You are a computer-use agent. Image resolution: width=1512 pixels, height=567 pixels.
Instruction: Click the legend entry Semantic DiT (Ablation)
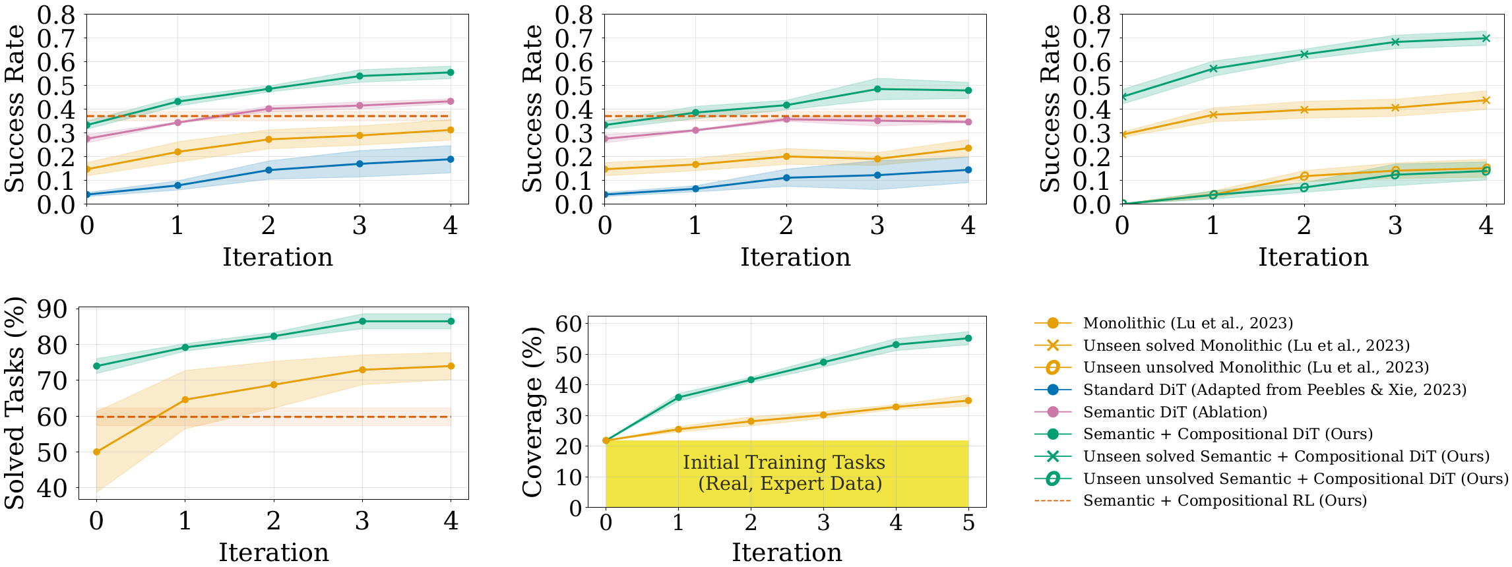pyautogui.click(x=1175, y=412)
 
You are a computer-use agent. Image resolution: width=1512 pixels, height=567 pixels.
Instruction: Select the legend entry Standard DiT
pyautogui.click(x=1274, y=390)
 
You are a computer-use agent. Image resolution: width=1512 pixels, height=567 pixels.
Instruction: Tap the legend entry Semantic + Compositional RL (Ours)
pyautogui.click(x=1224, y=500)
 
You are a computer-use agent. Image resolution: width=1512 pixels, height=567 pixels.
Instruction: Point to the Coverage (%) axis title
pyautogui.click(x=532, y=412)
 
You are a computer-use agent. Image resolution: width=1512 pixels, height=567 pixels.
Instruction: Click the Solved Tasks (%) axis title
pyautogui.click(x=15, y=403)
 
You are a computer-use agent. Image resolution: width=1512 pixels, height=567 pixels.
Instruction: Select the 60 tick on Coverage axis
pyautogui.click(x=569, y=324)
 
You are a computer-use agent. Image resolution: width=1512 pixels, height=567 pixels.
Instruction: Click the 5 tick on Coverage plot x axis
pyautogui.click(x=968, y=522)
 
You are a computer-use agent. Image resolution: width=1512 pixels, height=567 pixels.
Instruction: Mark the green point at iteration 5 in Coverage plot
pyautogui.click(x=968, y=338)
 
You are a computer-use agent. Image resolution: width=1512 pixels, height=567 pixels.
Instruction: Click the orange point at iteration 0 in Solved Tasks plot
pyautogui.click(x=97, y=452)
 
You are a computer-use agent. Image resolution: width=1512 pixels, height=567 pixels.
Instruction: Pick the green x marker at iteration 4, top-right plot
pyautogui.click(x=1486, y=38)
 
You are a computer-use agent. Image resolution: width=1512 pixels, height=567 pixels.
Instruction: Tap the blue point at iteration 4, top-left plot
pyautogui.click(x=451, y=159)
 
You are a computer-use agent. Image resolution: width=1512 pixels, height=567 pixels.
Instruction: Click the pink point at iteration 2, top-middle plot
pyautogui.click(x=786, y=119)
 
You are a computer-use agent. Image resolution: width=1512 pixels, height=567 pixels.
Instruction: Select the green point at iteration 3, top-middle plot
pyautogui.click(x=877, y=89)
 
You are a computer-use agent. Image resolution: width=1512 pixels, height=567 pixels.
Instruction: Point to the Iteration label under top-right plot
pyautogui.click(x=1313, y=257)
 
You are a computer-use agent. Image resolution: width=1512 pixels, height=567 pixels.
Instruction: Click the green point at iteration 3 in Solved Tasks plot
pyautogui.click(x=362, y=321)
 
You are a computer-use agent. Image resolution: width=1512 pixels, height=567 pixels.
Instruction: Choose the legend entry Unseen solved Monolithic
pyautogui.click(x=1245, y=345)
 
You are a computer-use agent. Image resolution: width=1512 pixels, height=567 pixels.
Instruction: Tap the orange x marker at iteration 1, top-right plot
pyautogui.click(x=1213, y=115)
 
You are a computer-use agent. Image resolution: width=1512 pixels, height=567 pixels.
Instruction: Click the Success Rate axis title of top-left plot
pyautogui.click(x=15, y=109)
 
